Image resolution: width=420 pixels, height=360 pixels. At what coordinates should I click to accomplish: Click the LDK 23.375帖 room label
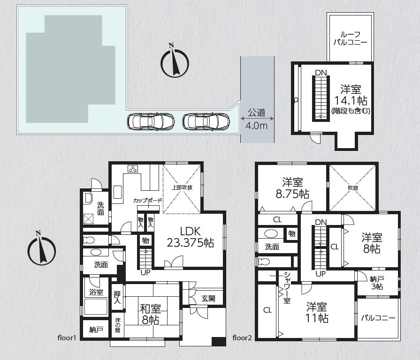coord(190,237)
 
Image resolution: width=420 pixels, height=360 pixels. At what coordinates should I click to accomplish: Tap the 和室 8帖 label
coord(150,314)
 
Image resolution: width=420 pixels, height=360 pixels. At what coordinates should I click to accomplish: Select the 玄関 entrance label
coord(208,298)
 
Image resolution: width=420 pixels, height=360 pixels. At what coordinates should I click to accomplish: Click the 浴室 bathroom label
coord(96,292)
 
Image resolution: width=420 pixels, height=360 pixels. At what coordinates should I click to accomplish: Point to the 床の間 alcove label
coord(118,325)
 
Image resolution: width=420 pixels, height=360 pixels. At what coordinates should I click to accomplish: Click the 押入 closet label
coord(117,297)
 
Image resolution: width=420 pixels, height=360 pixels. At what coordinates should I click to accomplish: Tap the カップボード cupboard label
coord(148,200)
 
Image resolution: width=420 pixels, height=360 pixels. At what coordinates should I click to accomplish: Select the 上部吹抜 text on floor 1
coord(182,187)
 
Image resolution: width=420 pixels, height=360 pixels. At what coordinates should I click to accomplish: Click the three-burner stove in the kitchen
coord(133,169)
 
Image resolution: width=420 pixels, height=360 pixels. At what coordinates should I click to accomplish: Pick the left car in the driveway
coord(151,122)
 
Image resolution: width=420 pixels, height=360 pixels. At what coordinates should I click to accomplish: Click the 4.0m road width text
coord(257,126)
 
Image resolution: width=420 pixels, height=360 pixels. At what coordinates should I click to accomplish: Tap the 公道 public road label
coord(257,112)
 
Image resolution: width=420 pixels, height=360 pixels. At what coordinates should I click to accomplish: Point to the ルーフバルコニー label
coord(350,38)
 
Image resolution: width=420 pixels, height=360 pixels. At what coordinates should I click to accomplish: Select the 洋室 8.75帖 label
coord(292,188)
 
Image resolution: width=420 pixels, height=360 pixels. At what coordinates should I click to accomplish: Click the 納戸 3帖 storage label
coord(377,283)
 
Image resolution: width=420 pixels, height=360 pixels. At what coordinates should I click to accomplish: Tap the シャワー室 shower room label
coord(287,287)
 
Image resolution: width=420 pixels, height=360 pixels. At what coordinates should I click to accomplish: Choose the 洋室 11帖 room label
coord(317,312)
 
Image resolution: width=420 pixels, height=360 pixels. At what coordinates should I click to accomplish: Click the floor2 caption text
coord(242,338)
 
